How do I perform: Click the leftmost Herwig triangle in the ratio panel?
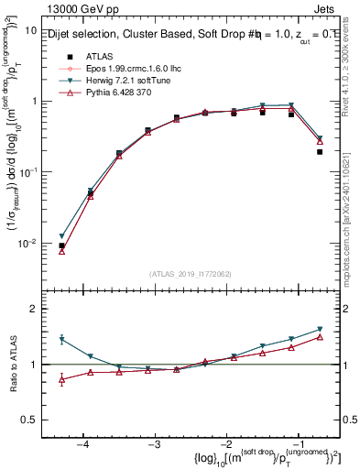pyautogui.click(x=62, y=339)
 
